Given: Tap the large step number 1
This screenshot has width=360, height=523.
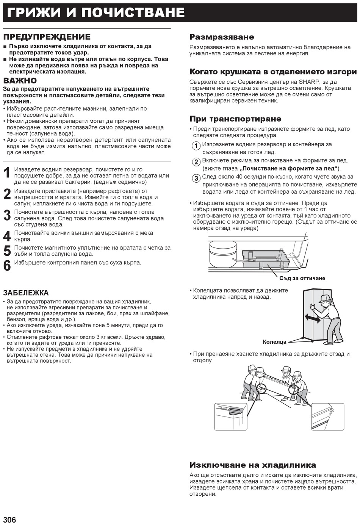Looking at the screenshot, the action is tap(7, 173).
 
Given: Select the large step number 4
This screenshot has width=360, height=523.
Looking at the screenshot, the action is tap(7, 236).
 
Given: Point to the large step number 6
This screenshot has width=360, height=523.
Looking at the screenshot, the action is tap(7, 266).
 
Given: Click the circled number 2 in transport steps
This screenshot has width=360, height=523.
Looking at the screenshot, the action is tap(196, 162).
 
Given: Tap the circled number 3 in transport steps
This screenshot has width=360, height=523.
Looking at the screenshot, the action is tap(196, 179).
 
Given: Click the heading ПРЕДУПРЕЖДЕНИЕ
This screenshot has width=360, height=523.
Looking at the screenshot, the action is tap(47, 37).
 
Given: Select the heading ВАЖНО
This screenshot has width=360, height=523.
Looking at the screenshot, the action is tap(20, 81).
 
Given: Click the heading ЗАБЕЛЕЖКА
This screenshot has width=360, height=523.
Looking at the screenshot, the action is tap(26, 293).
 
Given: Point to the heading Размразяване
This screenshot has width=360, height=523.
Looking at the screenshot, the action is tap(222, 37).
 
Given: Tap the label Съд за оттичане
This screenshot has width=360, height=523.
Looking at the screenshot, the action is tap(302, 278).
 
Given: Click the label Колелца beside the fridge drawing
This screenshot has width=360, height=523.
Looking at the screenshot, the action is tap(275, 342).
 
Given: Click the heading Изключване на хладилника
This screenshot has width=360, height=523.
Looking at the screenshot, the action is tap(253, 465).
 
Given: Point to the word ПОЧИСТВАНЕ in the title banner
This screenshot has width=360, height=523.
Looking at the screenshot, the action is tap(133, 13).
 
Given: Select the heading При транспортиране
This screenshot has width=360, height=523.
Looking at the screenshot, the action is tap(235, 119).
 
